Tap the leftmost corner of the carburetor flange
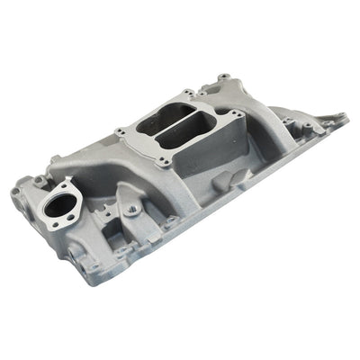point(119,134)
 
